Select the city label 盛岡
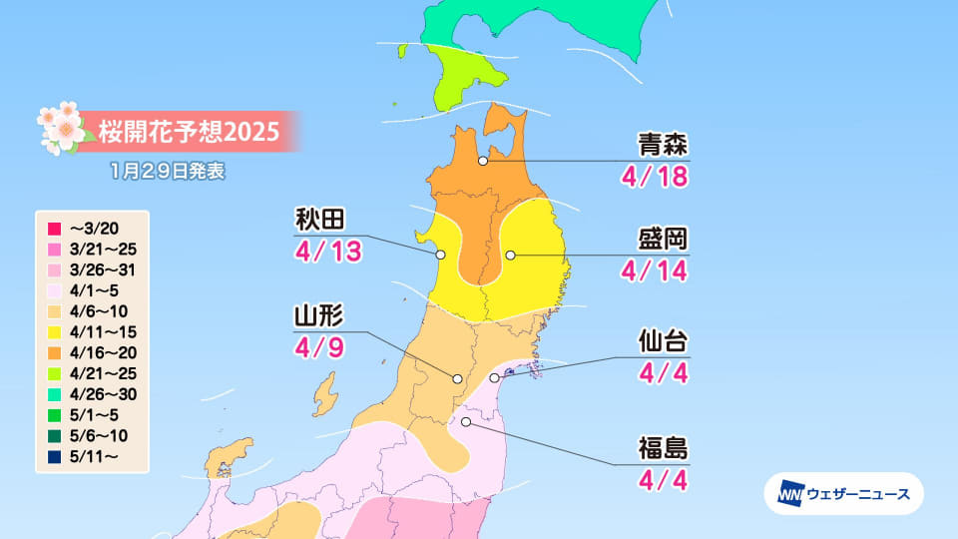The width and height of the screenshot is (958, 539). [663, 241]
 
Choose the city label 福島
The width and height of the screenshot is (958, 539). [663, 448]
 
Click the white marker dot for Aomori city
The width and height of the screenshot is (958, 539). [483, 160]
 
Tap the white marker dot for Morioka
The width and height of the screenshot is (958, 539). [510, 255]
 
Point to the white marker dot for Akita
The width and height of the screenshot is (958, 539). [440, 256]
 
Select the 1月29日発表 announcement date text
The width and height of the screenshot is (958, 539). [169, 171]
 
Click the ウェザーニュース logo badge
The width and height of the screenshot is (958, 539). [843, 493]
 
